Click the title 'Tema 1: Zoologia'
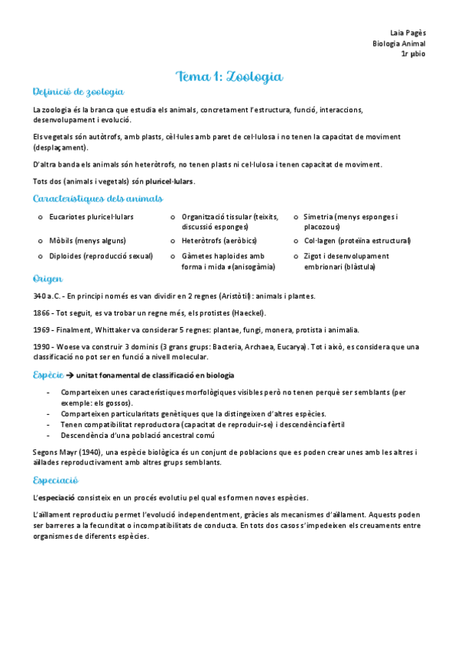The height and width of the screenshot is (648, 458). pyautogui.click(x=229, y=76)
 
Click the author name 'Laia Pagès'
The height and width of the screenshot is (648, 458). pyautogui.click(x=408, y=33)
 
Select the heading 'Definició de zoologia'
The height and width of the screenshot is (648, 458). pyautogui.click(x=78, y=92)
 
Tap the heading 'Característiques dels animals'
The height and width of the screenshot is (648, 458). pyautogui.click(x=98, y=199)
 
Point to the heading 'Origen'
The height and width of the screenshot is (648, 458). pyautogui.click(x=47, y=279)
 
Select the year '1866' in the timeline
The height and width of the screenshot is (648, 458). pyautogui.click(x=43, y=313)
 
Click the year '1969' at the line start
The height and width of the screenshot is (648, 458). pyautogui.click(x=43, y=330)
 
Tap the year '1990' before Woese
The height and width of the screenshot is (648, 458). pyautogui.click(x=43, y=347)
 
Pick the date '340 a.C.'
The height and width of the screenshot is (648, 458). pyautogui.click(x=47, y=296)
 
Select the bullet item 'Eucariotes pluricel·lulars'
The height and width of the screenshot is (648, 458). pyautogui.click(x=91, y=218)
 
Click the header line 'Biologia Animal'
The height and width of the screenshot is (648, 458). pyautogui.click(x=399, y=44)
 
